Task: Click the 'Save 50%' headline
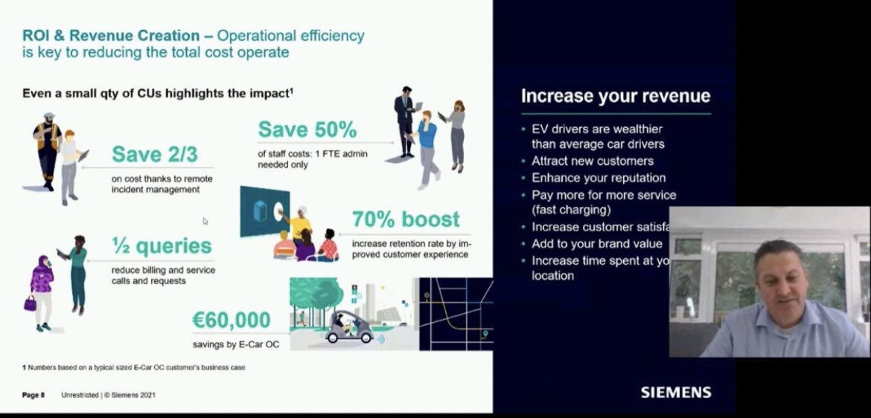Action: pyautogui.click(x=307, y=130)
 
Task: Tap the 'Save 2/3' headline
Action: pyautogui.click(x=156, y=155)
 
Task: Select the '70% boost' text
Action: pyautogui.click(x=406, y=219)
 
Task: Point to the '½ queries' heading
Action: pyautogui.click(x=162, y=246)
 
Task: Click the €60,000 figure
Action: pyautogui.click(x=231, y=321)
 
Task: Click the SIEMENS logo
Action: pyautogui.click(x=675, y=392)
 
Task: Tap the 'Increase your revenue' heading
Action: pyautogui.click(x=615, y=96)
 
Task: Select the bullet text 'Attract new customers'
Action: pyautogui.click(x=592, y=161)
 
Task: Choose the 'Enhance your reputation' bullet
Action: pyautogui.click(x=598, y=178)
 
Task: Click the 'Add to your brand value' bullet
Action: pyautogui.click(x=596, y=244)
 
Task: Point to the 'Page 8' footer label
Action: pyautogui.click(x=33, y=395)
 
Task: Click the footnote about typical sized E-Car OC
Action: pyautogui.click(x=133, y=367)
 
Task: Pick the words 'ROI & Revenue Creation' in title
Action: pyautogui.click(x=111, y=36)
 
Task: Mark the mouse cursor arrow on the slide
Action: pyautogui.click(x=205, y=221)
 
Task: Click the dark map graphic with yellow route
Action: pyautogui.click(x=455, y=314)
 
